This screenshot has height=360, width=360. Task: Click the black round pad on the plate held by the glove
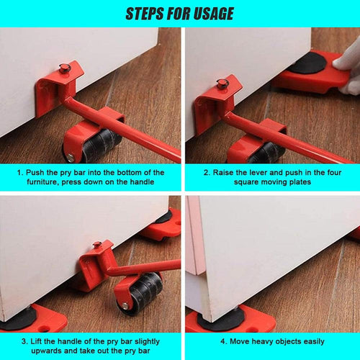pos(306,63)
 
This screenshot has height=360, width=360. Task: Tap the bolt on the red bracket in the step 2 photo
pos(223,84)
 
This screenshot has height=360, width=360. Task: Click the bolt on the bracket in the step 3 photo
pos(96,246)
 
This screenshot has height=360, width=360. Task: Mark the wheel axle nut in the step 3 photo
pos(125,305)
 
